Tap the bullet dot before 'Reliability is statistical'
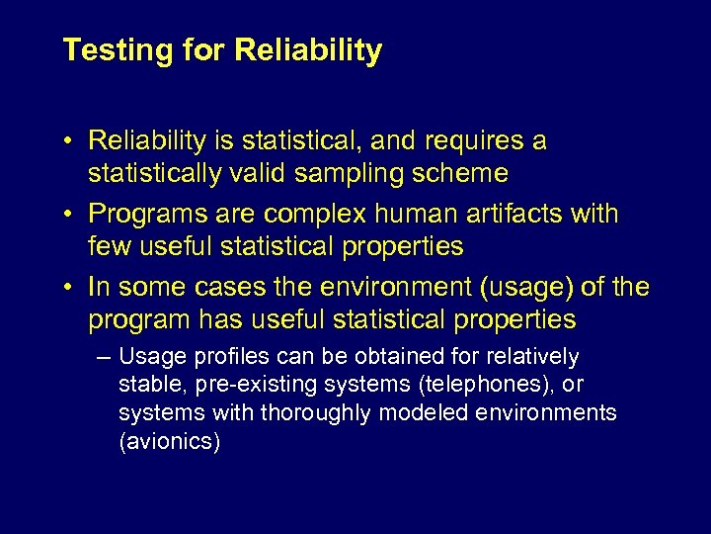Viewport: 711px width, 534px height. (71, 141)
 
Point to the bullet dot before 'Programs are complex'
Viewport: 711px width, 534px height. (71, 215)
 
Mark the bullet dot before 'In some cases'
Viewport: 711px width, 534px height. (71, 288)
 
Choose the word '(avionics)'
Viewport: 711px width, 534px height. (170, 441)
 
